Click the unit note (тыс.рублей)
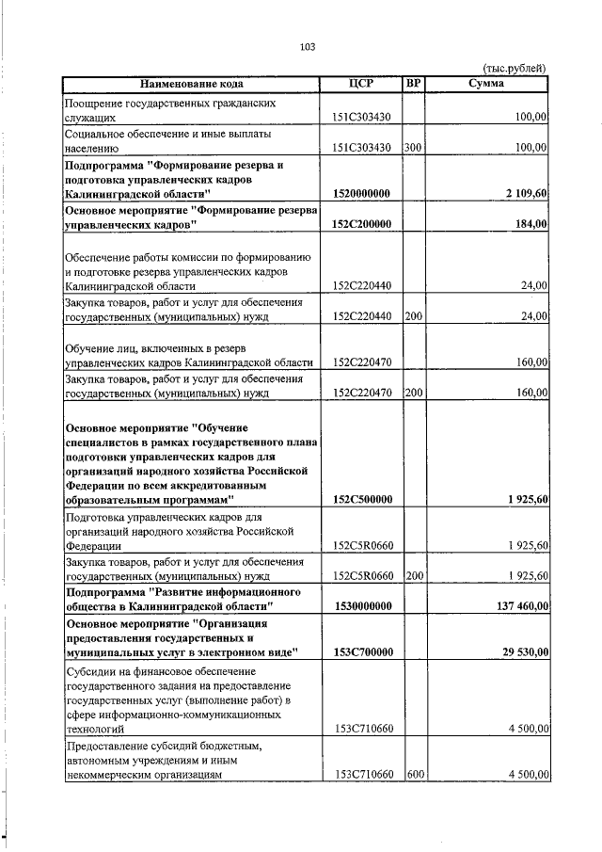(x=514, y=68)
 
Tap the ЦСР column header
(x=361, y=83)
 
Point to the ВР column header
(x=412, y=83)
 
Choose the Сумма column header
(x=485, y=83)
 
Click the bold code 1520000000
(x=362, y=193)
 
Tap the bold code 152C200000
(x=362, y=224)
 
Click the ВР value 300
(x=412, y=148)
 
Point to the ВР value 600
(x=412, y=775)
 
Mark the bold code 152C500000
(x=362, y=499)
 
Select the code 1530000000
(x=362, y=606)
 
